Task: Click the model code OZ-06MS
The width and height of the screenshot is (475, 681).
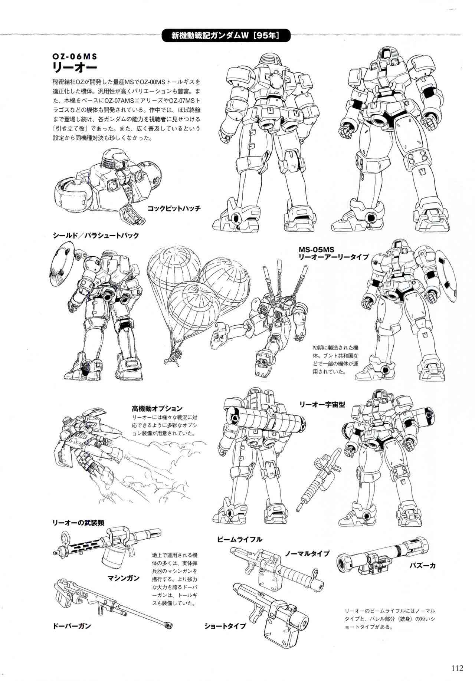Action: (75, 57)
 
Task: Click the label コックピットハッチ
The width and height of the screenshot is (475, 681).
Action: (174, 208)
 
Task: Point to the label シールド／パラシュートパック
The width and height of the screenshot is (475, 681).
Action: (96, 236)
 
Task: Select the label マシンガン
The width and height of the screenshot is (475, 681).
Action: (124, 578)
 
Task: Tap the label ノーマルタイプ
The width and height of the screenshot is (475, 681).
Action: (307, 553)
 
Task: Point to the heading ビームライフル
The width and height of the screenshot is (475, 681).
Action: (240, 539)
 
